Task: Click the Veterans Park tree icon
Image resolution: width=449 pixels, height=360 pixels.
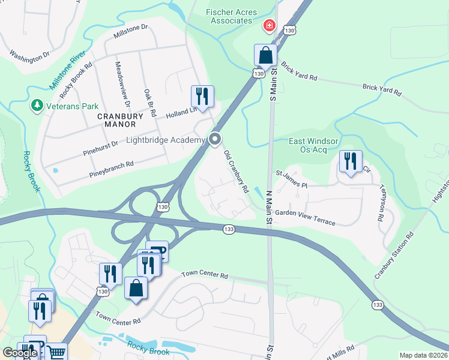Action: point(37,106)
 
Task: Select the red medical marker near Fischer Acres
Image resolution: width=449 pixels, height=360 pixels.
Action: point(269,25)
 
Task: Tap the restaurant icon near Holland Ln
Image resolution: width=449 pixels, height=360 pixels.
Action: point(202,96)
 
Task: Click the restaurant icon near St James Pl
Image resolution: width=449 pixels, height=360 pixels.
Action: point(350,161)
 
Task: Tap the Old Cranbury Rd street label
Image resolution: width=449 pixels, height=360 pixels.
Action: point(237,171)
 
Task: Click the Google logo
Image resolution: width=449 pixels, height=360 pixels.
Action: point(20,353)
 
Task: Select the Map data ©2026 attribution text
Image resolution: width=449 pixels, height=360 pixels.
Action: point(423,355)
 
